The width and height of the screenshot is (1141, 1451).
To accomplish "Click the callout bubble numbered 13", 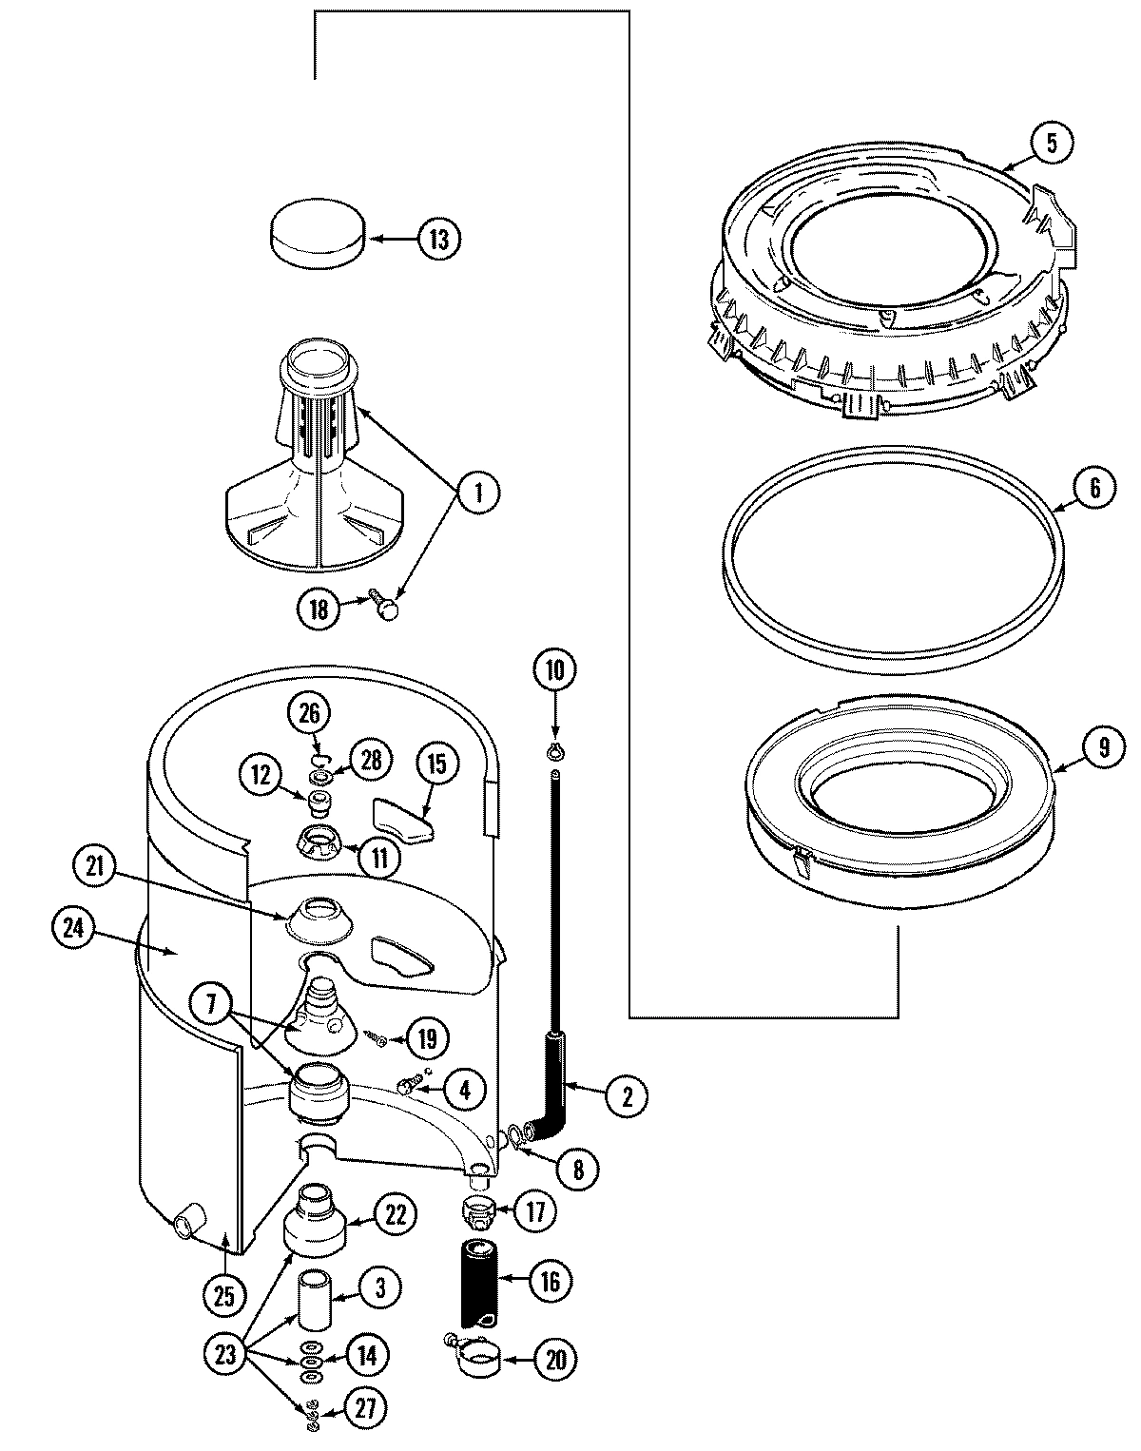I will coord(437,239).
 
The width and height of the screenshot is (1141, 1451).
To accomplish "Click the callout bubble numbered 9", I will coord(1103,746).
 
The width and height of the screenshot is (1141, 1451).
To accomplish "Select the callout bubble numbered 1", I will coord(478,493).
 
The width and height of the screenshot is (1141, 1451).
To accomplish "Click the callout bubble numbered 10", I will coord(554,669).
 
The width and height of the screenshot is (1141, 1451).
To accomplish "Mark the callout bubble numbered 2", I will coord(627,1095).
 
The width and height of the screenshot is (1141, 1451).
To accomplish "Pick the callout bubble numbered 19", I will coord(427,1038).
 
